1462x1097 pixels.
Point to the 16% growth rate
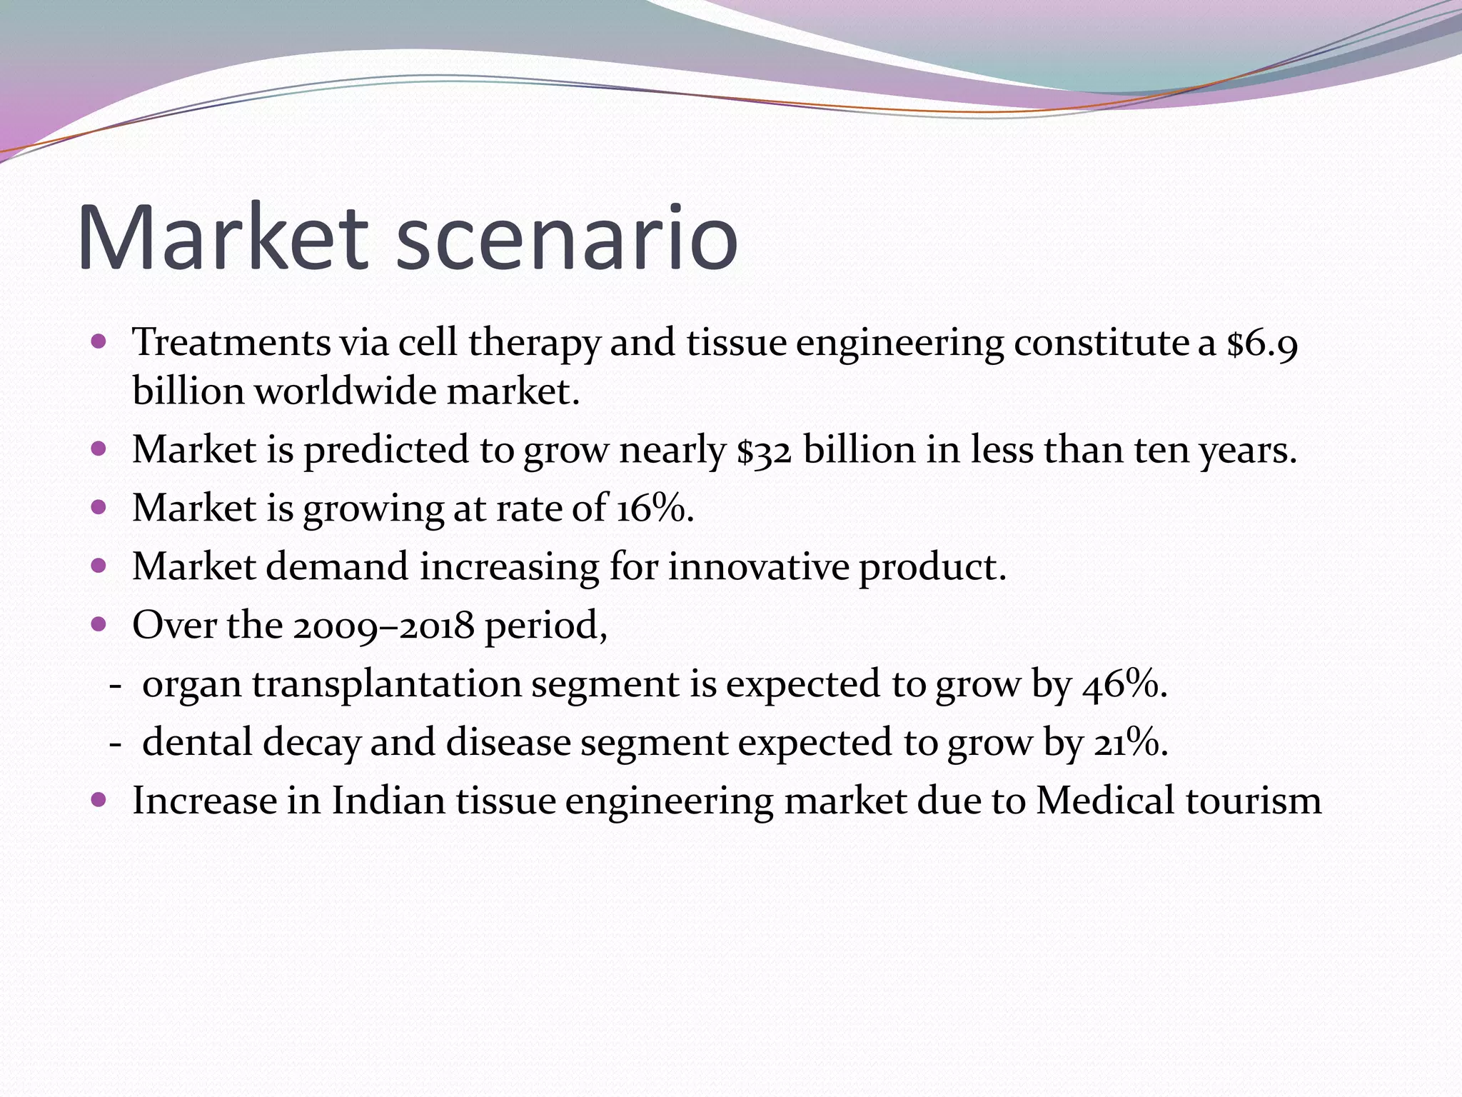tap(654, 509)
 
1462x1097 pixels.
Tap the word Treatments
tap(231, 343)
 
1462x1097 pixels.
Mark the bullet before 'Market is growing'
tap(99, 508)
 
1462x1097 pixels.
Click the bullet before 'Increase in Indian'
tap(99, 799)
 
